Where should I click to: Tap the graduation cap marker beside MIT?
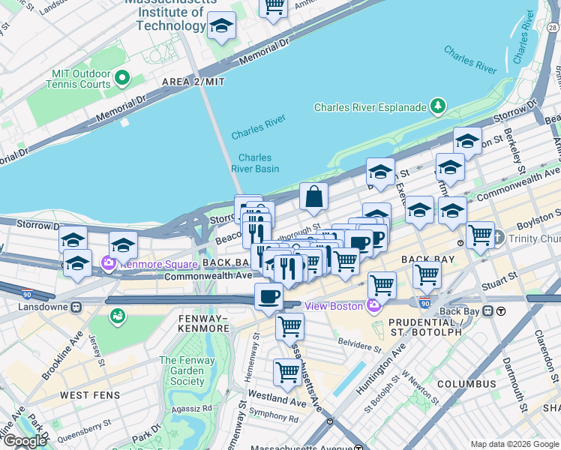tap(221, 26)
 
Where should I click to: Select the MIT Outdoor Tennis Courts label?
tap(81, 79)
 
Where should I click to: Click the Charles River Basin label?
tap(258, 163)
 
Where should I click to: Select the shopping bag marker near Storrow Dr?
tap(314, 197)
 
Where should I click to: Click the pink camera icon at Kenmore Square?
tap(109, 263)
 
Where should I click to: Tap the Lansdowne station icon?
tap(76, 307)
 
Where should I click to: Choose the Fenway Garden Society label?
tap(181, 370)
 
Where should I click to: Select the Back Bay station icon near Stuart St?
tap(488, 310)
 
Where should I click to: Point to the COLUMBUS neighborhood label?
tap(466, 383)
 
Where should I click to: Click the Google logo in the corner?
tap(25, 441)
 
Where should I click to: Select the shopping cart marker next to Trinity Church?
tap(480, 235)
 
